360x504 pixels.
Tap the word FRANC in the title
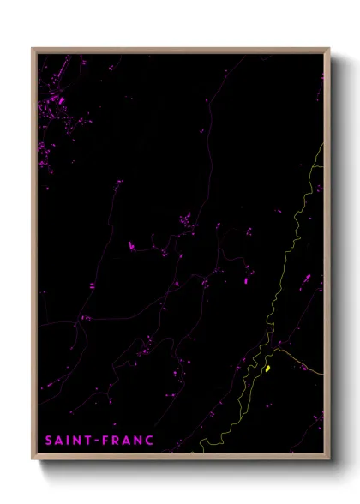point(129,441)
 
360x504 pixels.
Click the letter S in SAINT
point(49,441)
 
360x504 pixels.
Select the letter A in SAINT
point(60,441)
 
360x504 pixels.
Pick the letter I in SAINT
point(69,441)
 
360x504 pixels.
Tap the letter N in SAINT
point(77,441)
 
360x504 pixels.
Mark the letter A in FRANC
point(128,441)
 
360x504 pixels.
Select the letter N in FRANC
point(139,441)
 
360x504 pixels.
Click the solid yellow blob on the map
point(268,369)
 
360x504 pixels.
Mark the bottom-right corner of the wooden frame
point(328,459)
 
